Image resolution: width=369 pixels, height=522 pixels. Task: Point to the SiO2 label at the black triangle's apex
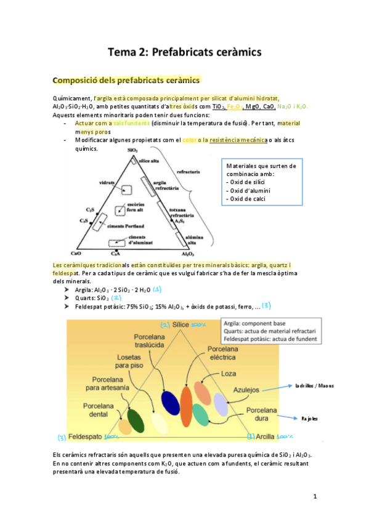pos(132,150)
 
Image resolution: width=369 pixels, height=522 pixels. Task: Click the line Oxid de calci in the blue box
pos(249,198)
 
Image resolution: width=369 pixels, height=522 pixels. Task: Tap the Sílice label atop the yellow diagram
pos(180,324)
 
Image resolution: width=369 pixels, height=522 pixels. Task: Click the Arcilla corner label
pos(266,437)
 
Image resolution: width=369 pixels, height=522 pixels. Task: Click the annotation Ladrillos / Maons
pos(314,386)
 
